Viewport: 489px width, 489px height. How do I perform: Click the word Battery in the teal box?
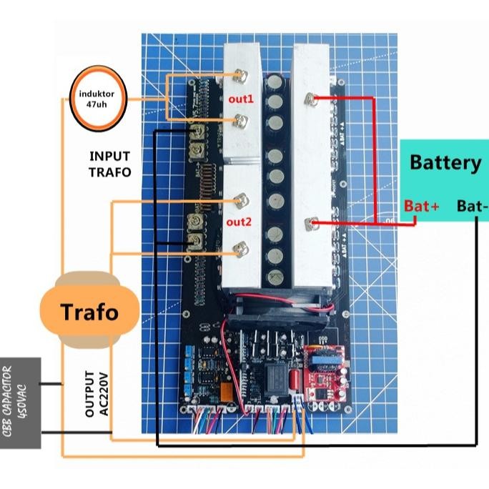(x=445, y=162)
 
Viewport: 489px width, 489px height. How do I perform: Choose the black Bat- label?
(x=473, y=207)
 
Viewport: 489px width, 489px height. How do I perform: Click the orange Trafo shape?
(x=89, y=312)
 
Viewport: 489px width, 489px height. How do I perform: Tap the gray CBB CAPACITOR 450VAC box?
(x=19, y=402)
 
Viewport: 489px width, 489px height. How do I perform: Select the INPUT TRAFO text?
(x=110, y=164)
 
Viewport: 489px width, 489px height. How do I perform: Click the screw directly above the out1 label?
(x=241, y=74)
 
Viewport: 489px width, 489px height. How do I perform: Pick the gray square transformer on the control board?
(x=275, y=375)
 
